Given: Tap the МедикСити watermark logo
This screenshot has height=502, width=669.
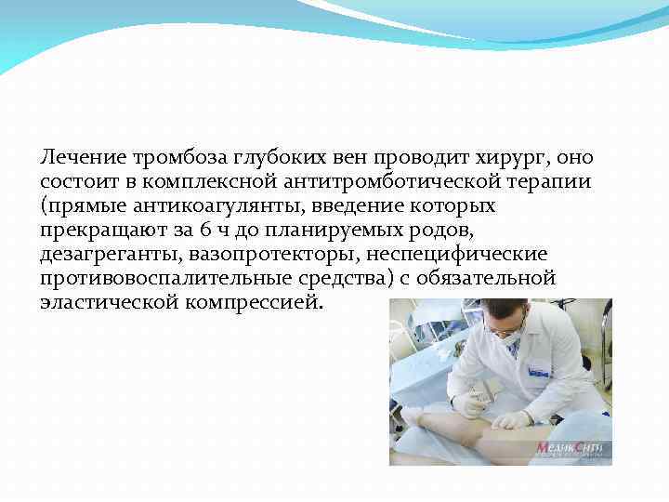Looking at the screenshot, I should click(x=570, y=449).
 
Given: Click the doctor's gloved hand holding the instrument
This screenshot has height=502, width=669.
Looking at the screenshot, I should click(x=470, y=403).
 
